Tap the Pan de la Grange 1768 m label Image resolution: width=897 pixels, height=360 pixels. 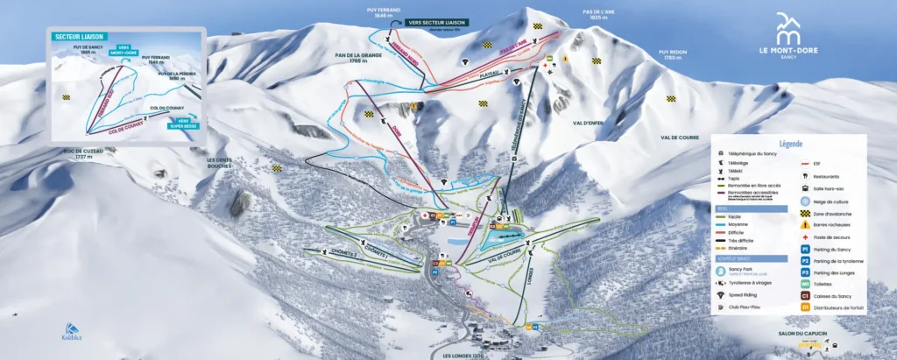pos(356,57)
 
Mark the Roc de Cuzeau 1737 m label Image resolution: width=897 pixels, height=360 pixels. pos(84,156)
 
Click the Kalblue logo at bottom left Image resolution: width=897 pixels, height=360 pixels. pos(72,329)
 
